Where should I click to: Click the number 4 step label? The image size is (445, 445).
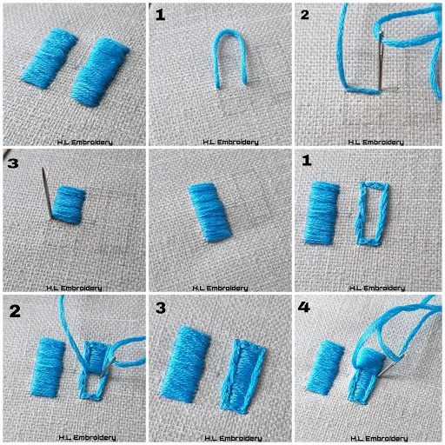303,307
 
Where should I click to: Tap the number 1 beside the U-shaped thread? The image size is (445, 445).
160,15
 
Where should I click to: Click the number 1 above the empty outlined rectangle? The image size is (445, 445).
307,161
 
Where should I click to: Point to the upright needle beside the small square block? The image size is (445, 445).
47,193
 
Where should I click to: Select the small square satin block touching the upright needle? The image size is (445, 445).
69,204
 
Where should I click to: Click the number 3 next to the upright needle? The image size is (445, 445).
13,163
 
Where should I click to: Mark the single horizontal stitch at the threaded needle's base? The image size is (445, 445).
362,91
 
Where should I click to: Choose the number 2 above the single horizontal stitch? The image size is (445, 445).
305,15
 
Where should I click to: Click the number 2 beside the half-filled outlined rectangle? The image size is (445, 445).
15,311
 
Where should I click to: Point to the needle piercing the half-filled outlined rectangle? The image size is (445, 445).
108,367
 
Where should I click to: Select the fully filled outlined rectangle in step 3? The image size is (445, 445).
242,375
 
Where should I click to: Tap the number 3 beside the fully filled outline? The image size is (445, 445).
161,309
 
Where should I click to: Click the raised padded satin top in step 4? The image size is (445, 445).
370,358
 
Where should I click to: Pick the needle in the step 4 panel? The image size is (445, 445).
391,365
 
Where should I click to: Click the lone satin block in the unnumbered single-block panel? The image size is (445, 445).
210,212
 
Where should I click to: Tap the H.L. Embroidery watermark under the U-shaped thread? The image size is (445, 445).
230,142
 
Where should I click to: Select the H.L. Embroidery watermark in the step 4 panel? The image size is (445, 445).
379,438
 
